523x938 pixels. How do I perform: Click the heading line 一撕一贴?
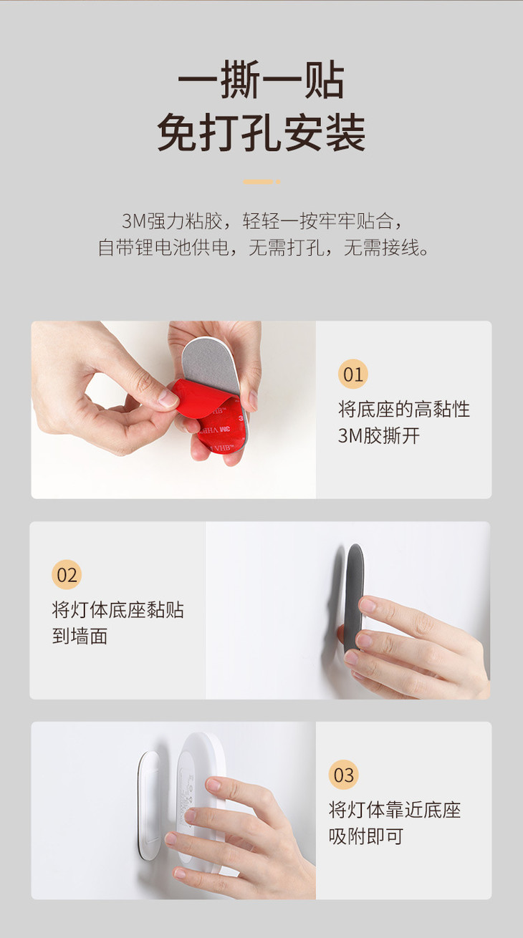[x=261, y=79]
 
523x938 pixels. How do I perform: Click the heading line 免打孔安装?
[x=261, y=132]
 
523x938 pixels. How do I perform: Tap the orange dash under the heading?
[x=261, y=182]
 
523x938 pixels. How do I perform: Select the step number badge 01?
[x=353, y=374]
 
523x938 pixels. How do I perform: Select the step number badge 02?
[x=67, y=574]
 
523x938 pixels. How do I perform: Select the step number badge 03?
[x=344, y=775]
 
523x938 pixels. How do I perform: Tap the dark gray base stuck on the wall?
[x=355, y=594]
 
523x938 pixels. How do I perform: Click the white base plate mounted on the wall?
[x=148, y=804]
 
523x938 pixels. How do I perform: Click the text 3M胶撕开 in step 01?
[x=379, y=435]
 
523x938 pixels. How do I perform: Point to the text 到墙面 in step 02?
[x=80, y=636]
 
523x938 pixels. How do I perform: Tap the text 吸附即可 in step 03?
[x=365, y=836]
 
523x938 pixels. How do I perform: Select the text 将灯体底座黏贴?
[x=117, y=609]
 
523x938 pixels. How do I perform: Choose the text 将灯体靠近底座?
[x=395, y=809]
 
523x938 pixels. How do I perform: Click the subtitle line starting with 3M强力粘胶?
[x=261, y=221]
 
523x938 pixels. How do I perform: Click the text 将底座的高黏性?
[x=404, y=409]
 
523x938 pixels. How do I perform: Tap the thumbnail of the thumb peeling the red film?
[x=173, y=410]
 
